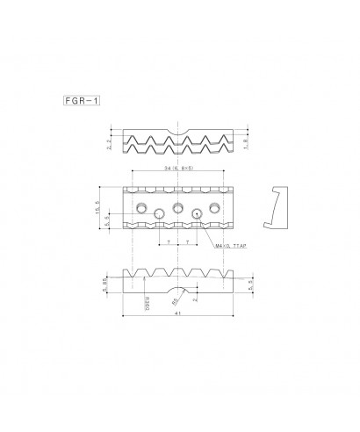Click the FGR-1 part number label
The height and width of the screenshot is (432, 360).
(81, 101)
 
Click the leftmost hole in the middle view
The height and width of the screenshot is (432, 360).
(140, 207)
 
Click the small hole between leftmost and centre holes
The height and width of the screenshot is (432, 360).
(159, 212)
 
